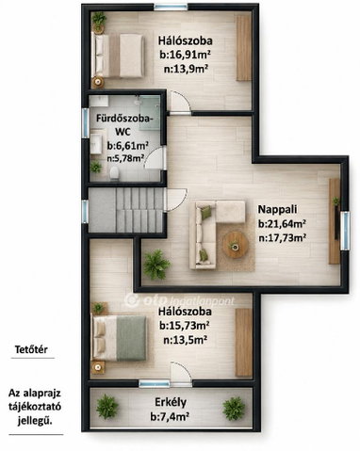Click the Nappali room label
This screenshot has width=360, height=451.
click(277, 209)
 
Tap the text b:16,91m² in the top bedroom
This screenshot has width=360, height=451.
click(185, 55)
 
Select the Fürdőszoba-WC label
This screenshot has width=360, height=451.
click(124, 125)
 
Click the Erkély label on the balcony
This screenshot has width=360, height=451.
click(171, 402)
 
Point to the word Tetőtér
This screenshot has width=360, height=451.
click(31, 349)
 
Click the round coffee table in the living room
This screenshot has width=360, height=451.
click(236, 245)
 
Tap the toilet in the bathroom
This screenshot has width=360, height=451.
click(114, 172)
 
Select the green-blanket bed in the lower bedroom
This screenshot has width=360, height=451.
click(119, 338)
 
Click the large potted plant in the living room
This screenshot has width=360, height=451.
click(156, 264)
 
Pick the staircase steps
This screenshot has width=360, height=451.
click(139, 210)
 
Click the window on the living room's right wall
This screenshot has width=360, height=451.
click(345, 231)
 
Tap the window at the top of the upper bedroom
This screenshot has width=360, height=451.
click(171, 7)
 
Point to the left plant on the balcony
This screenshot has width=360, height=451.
click(107, 407)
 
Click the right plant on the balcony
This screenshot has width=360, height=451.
click(234, 409)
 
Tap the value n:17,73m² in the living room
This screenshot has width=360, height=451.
click(282, 238)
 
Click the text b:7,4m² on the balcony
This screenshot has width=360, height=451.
click(170, 417)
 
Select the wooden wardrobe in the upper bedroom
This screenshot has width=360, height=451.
click(244, 48)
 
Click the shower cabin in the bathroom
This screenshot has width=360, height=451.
click(150, 112)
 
